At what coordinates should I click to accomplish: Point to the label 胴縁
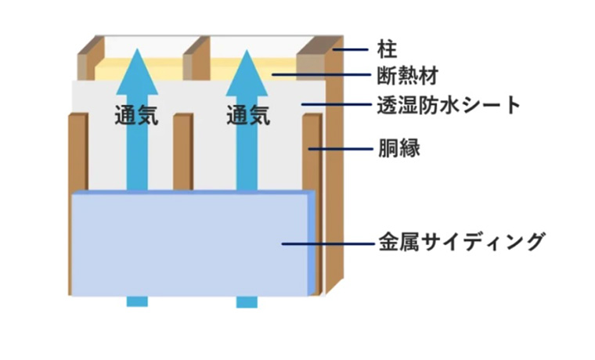[x=398, y=147]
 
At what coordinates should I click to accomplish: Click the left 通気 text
[x=135, y=116]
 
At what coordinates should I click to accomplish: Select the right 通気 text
[x=248, y=116]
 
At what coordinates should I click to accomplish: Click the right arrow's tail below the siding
[x=248, y=301]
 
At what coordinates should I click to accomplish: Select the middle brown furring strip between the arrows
[x=182, y=153]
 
